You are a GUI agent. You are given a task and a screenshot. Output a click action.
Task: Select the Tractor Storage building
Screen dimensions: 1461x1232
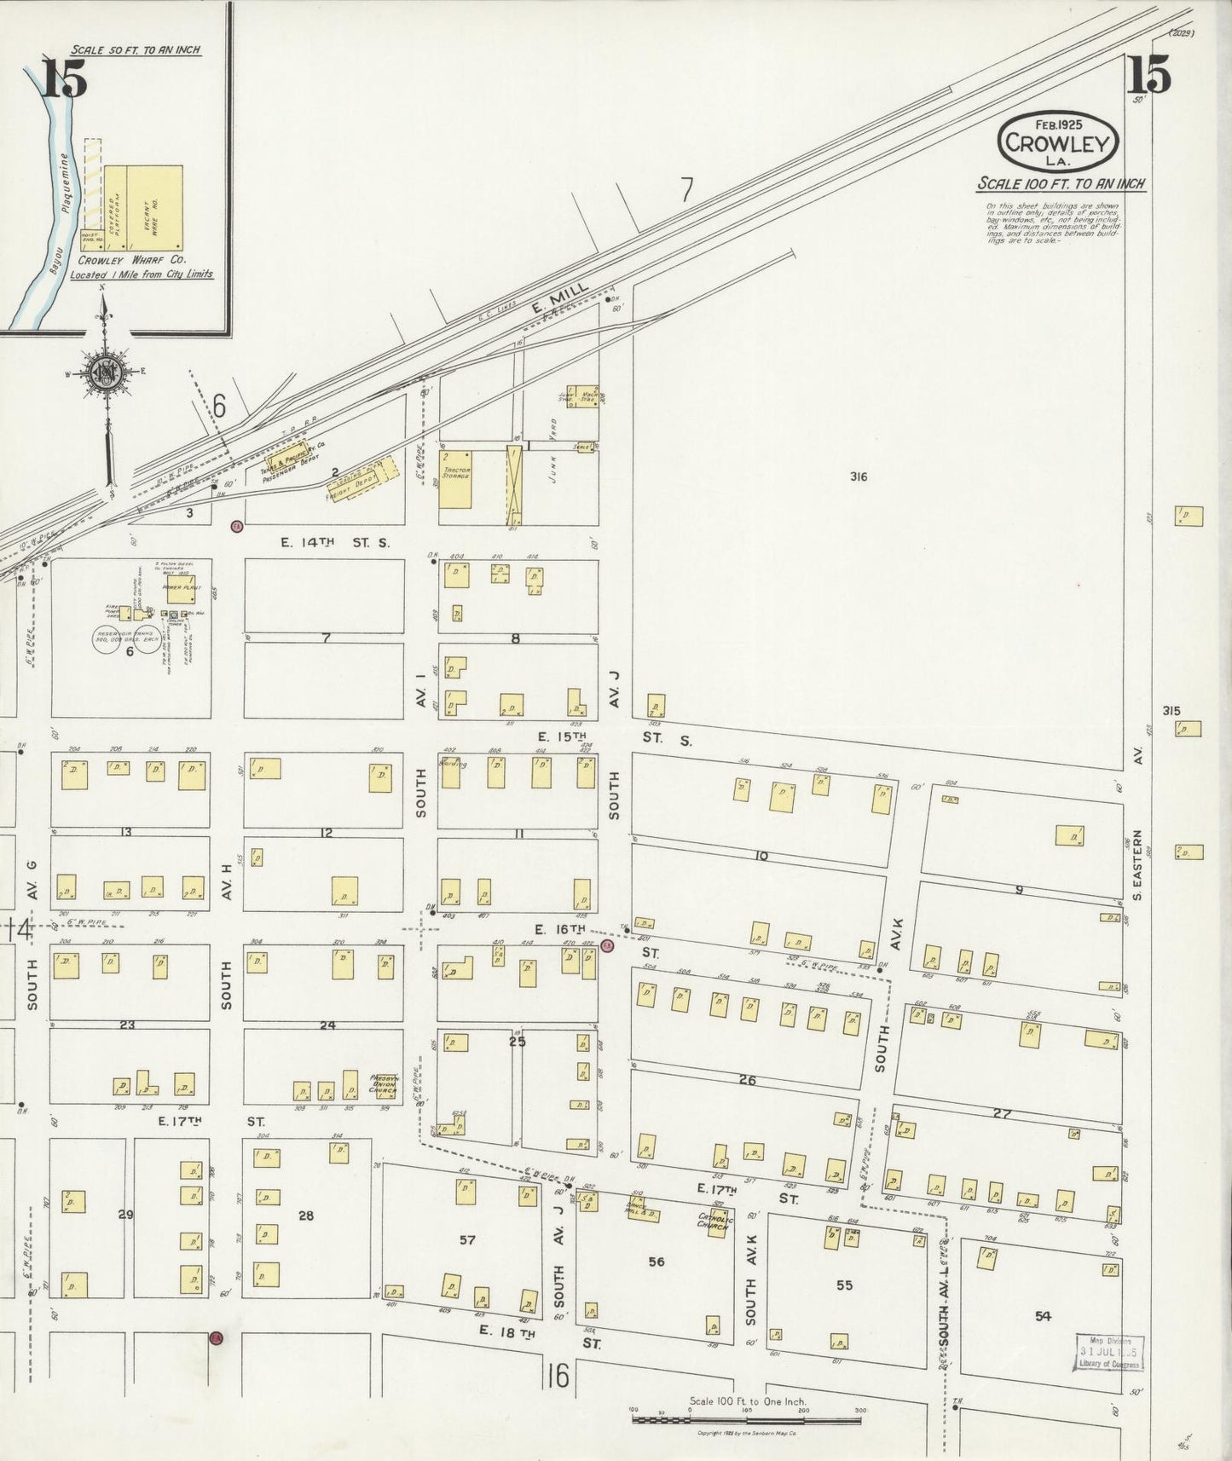point(456,480)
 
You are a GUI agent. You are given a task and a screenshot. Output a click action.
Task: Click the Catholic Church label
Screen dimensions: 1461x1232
point(710,1220)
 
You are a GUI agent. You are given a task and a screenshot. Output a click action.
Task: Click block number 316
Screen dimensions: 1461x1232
point(858,476)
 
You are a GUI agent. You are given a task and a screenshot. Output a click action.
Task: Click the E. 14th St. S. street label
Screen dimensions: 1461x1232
point(334,542)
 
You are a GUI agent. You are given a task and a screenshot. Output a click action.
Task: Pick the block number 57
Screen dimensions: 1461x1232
point(467,1240)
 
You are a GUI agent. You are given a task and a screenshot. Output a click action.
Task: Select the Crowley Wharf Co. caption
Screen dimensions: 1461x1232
point(133,260)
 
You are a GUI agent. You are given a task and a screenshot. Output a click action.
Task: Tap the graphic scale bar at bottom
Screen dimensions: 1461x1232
point(746,1419)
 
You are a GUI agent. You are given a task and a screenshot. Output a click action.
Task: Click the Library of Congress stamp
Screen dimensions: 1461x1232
point(1108,1352)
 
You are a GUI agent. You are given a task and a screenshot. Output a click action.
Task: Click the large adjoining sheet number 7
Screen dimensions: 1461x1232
point(687,190)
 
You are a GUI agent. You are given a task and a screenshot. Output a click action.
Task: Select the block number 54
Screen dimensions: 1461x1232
point(1043,1316)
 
